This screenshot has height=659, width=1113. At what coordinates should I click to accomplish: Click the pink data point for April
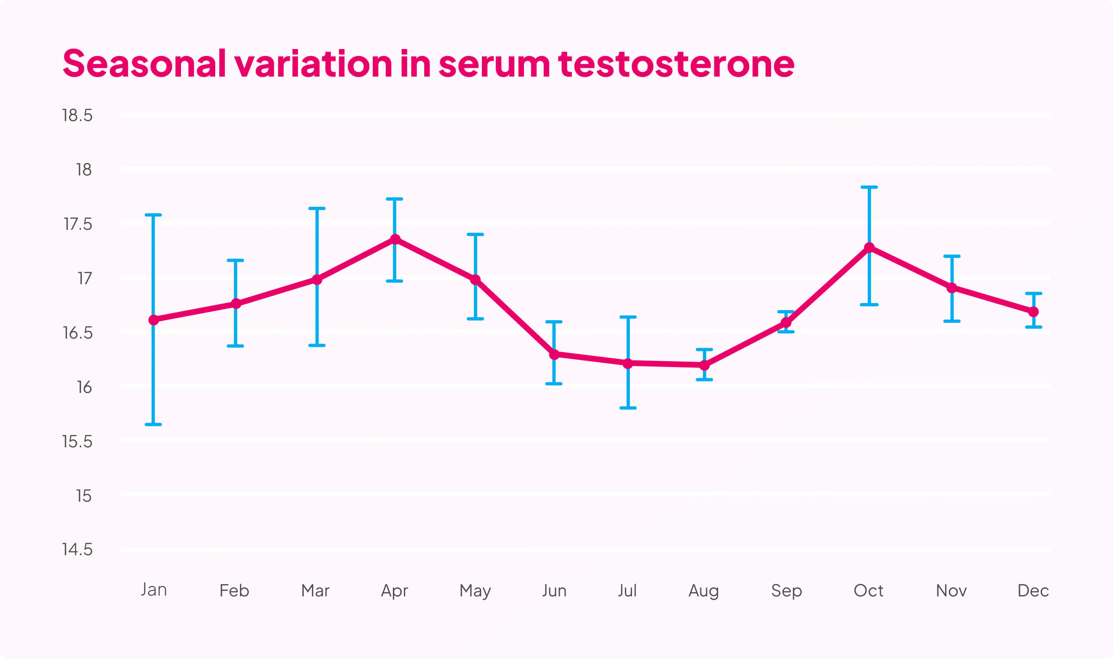coord(395,239)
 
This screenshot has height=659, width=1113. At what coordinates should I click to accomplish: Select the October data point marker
coord(869,248)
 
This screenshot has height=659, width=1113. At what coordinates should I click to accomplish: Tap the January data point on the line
coord(154,320)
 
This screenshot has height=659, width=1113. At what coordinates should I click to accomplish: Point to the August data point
coord(704,365)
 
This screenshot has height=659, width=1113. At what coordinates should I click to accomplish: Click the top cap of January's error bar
coord(153,215)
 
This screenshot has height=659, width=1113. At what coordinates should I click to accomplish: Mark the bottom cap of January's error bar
coord(153,425)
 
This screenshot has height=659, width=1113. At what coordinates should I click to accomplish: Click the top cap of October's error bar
coord(869,187)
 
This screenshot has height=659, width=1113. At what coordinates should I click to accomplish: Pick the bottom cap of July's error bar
coord(628,408)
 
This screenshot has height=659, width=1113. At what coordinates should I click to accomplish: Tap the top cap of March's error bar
coord(317,208)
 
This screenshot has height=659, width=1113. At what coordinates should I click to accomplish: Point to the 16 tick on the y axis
coord(84,387)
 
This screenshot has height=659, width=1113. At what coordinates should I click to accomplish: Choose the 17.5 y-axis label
coord(78,224)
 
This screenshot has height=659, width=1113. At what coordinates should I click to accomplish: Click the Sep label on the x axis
coord(787,591)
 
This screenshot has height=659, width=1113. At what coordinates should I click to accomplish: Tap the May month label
coord(475,591)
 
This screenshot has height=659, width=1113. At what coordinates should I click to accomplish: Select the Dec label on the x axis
coord(1033,591)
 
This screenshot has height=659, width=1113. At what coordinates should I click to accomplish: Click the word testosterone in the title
coord(676,64)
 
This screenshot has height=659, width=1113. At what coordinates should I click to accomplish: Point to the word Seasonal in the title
coord(144,63)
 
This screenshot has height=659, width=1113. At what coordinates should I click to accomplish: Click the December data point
coord(1033,312)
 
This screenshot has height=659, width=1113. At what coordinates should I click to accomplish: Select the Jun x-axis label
coord(554,591)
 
